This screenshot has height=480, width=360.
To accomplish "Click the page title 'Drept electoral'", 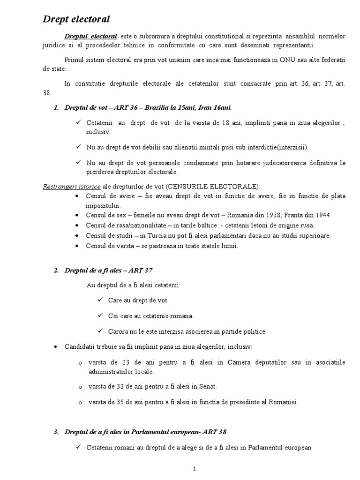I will pyautogui.click(x=76, y=19).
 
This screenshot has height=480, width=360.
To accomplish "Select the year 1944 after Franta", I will pyautogui.click(x=322, y=215).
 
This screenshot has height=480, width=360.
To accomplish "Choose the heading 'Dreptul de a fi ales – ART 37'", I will pyautogui.click(x=109, y=270).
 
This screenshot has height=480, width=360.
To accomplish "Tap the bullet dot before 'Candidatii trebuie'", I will pyautogui.click(x=56, y=346).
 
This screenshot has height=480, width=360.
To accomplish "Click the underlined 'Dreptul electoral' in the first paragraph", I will pyautogui.click(x=91, y=36).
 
